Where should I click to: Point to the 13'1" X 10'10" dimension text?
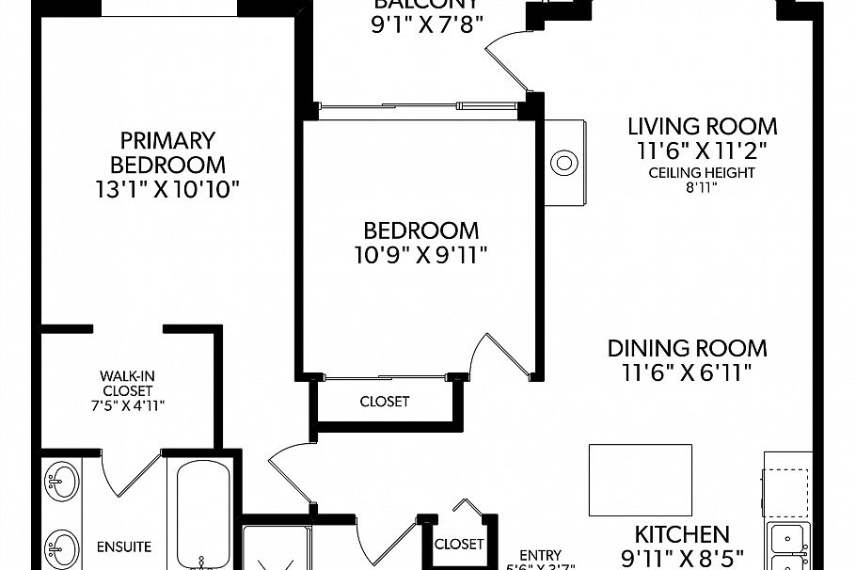pyautogui.click(x=168, y=189)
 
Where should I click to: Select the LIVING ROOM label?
pyautogui.click(x=703, y=126)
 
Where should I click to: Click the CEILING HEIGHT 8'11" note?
pyautogui.click(x=703, y=180)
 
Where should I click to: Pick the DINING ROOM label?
pyautogui.click(x=687, y=348)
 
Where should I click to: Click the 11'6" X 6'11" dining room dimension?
pyautogui.click(x=687, y=373)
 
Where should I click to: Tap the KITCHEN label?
pyautogui.click(x=682, y=534)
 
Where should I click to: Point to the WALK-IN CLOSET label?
pyautogui.click(x=127, y=383)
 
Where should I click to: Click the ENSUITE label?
pyautogui.click(x=123, y=546)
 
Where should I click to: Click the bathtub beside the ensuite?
pyautogui.click(x=202, y=513)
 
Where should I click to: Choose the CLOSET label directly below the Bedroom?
pyautogui.click(x=385, y=402)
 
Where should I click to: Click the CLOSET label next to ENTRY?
pyautogui.click(x=459, y=544)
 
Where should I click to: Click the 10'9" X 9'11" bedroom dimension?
pyautogui.click(x=420, y=253)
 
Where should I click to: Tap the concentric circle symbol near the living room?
pyautogui.click(x=564, y=163)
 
